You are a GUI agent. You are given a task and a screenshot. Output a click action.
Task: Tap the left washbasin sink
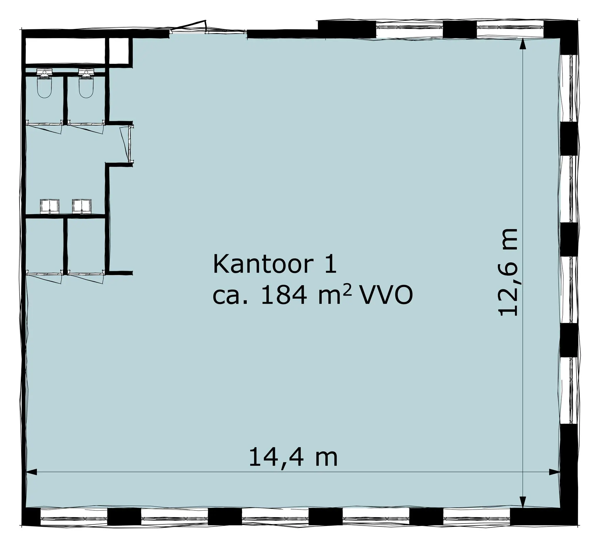point(50,206)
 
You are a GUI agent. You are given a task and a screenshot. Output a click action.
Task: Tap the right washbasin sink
point(82,206)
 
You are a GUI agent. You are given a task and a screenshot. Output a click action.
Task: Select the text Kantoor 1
point(275,264)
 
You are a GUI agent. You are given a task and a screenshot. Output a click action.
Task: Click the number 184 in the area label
point(283,296)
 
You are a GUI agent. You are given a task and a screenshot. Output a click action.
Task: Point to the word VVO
point(386,296)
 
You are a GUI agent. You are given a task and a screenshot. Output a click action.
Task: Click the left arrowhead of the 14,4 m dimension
point(32,472)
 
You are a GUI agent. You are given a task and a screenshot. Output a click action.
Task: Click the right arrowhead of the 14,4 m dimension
point(554,472)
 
